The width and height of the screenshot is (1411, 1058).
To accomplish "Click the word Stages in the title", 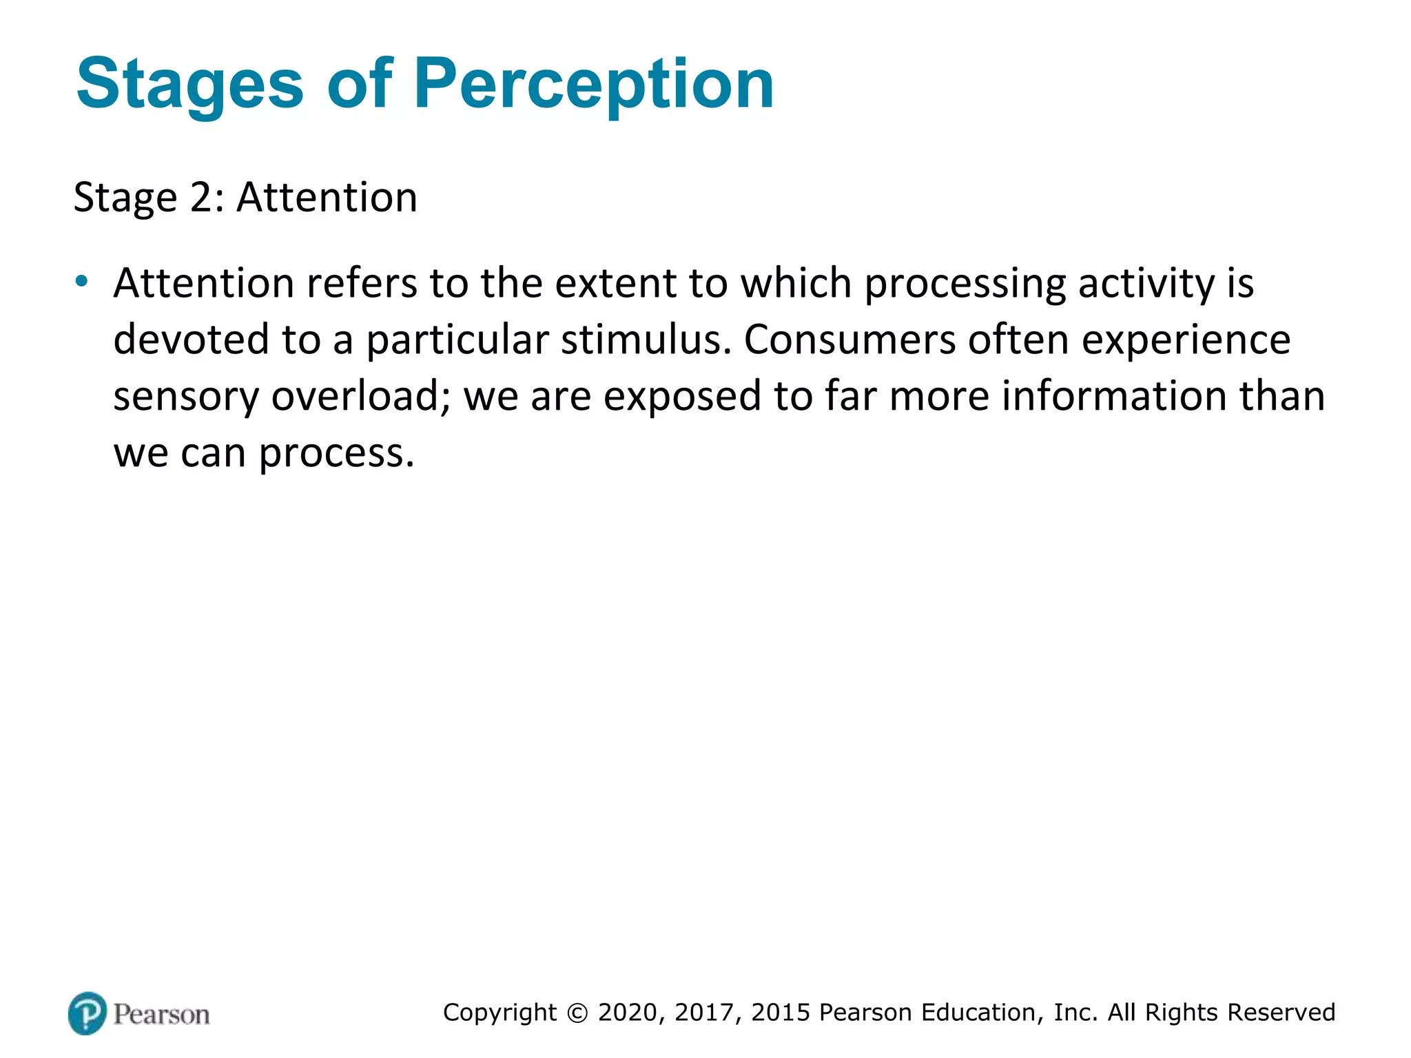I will point(189,84).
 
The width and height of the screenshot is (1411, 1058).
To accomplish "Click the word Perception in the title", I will point(594,84).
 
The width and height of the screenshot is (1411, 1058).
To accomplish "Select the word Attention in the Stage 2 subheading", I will point(327,198).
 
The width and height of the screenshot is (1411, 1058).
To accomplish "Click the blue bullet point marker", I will point(82,281).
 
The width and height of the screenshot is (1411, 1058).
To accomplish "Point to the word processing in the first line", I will point(965,284).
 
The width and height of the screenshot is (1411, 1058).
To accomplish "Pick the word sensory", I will point(186,397).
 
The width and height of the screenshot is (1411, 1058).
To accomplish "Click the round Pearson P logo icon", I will point(87,1013).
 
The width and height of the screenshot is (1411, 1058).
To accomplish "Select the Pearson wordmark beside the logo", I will point(161,1015).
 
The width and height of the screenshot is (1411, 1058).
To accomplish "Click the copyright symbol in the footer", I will point(577,1013).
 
